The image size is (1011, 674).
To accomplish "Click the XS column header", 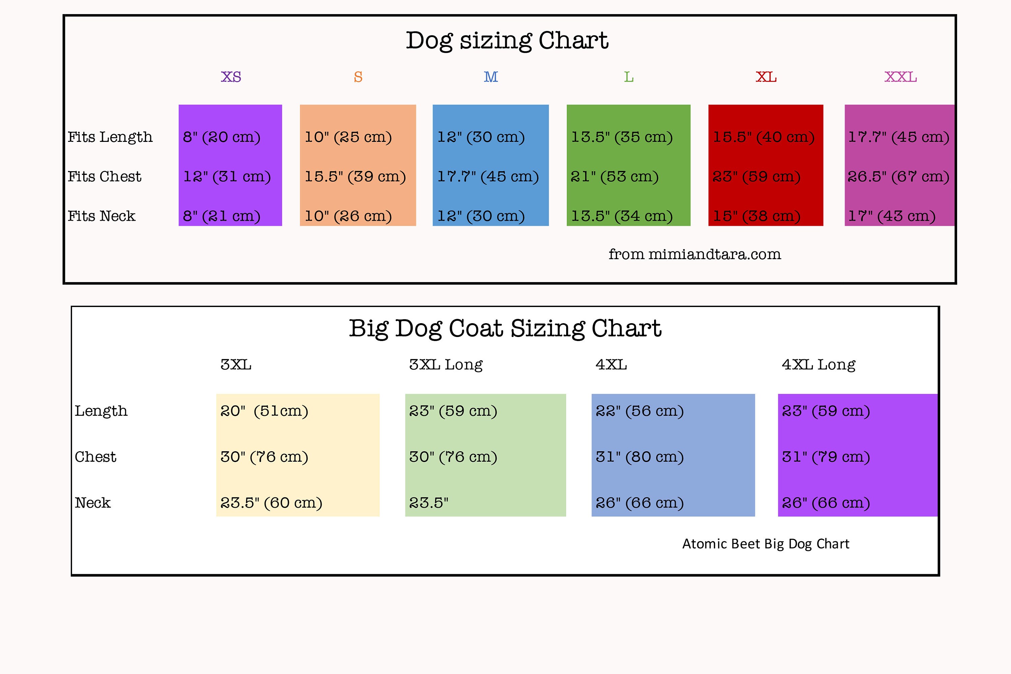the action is pyautogui.click(x=231, y=77).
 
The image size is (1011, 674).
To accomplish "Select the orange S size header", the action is pyautogui.click(x=358, y=77).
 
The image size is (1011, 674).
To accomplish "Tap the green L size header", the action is pyautogui.click(x=629, y=77).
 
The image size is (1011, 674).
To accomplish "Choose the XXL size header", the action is pyautogui.click(x=900, y=77).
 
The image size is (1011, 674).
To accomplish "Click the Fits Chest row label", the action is pyautogui.click(x=104, y=176).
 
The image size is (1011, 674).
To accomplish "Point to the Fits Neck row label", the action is pyautogui.click(x=101, y=216).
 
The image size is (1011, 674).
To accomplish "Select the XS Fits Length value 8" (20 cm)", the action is pyautogui.click(x=222, y=137).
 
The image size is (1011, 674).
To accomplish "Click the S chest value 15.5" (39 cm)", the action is pyautogui.click(x=356, y=177).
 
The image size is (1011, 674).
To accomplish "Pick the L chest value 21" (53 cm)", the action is pyautogui.click(x=615, y=177).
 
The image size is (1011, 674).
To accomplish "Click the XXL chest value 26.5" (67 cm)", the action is pyautogui.click(x=898, y=177).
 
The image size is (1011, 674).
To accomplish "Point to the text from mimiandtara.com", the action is pyautogui.click(x=695, y=254).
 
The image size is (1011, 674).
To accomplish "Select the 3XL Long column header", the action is pyautogui.click(x=446, y=365).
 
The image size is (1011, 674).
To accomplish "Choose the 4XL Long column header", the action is pyautogui.click(x=819, y=365).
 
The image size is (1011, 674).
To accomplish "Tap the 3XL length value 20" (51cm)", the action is pyautogui.click(x=264, y=411).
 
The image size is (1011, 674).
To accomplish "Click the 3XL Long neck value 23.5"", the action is pyautogui.click(x=429, y=503).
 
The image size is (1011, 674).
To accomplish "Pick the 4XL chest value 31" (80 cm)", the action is pyautogui.click(x=640, y=457).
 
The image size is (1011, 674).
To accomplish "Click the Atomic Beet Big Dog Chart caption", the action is pyautogui.click(x=766, y=544).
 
